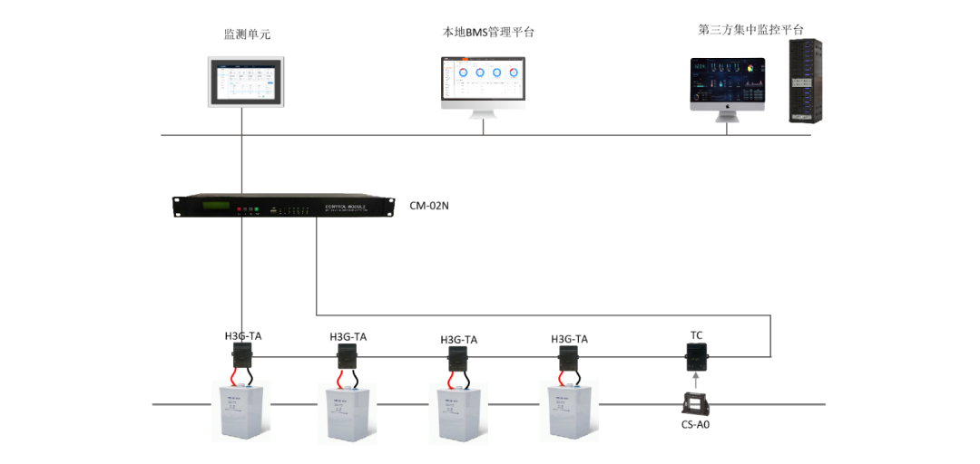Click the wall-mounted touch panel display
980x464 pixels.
(245, 82)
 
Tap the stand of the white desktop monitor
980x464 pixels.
(484, 113)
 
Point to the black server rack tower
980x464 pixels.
(805, 81)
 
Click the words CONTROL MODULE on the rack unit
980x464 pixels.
(345, 208)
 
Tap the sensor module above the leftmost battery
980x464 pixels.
(241, 354)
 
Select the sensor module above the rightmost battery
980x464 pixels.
(568, 357)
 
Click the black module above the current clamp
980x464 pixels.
(696, 355)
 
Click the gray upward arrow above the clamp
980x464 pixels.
(696, 380)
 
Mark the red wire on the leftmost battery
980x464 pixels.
(234, 378)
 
